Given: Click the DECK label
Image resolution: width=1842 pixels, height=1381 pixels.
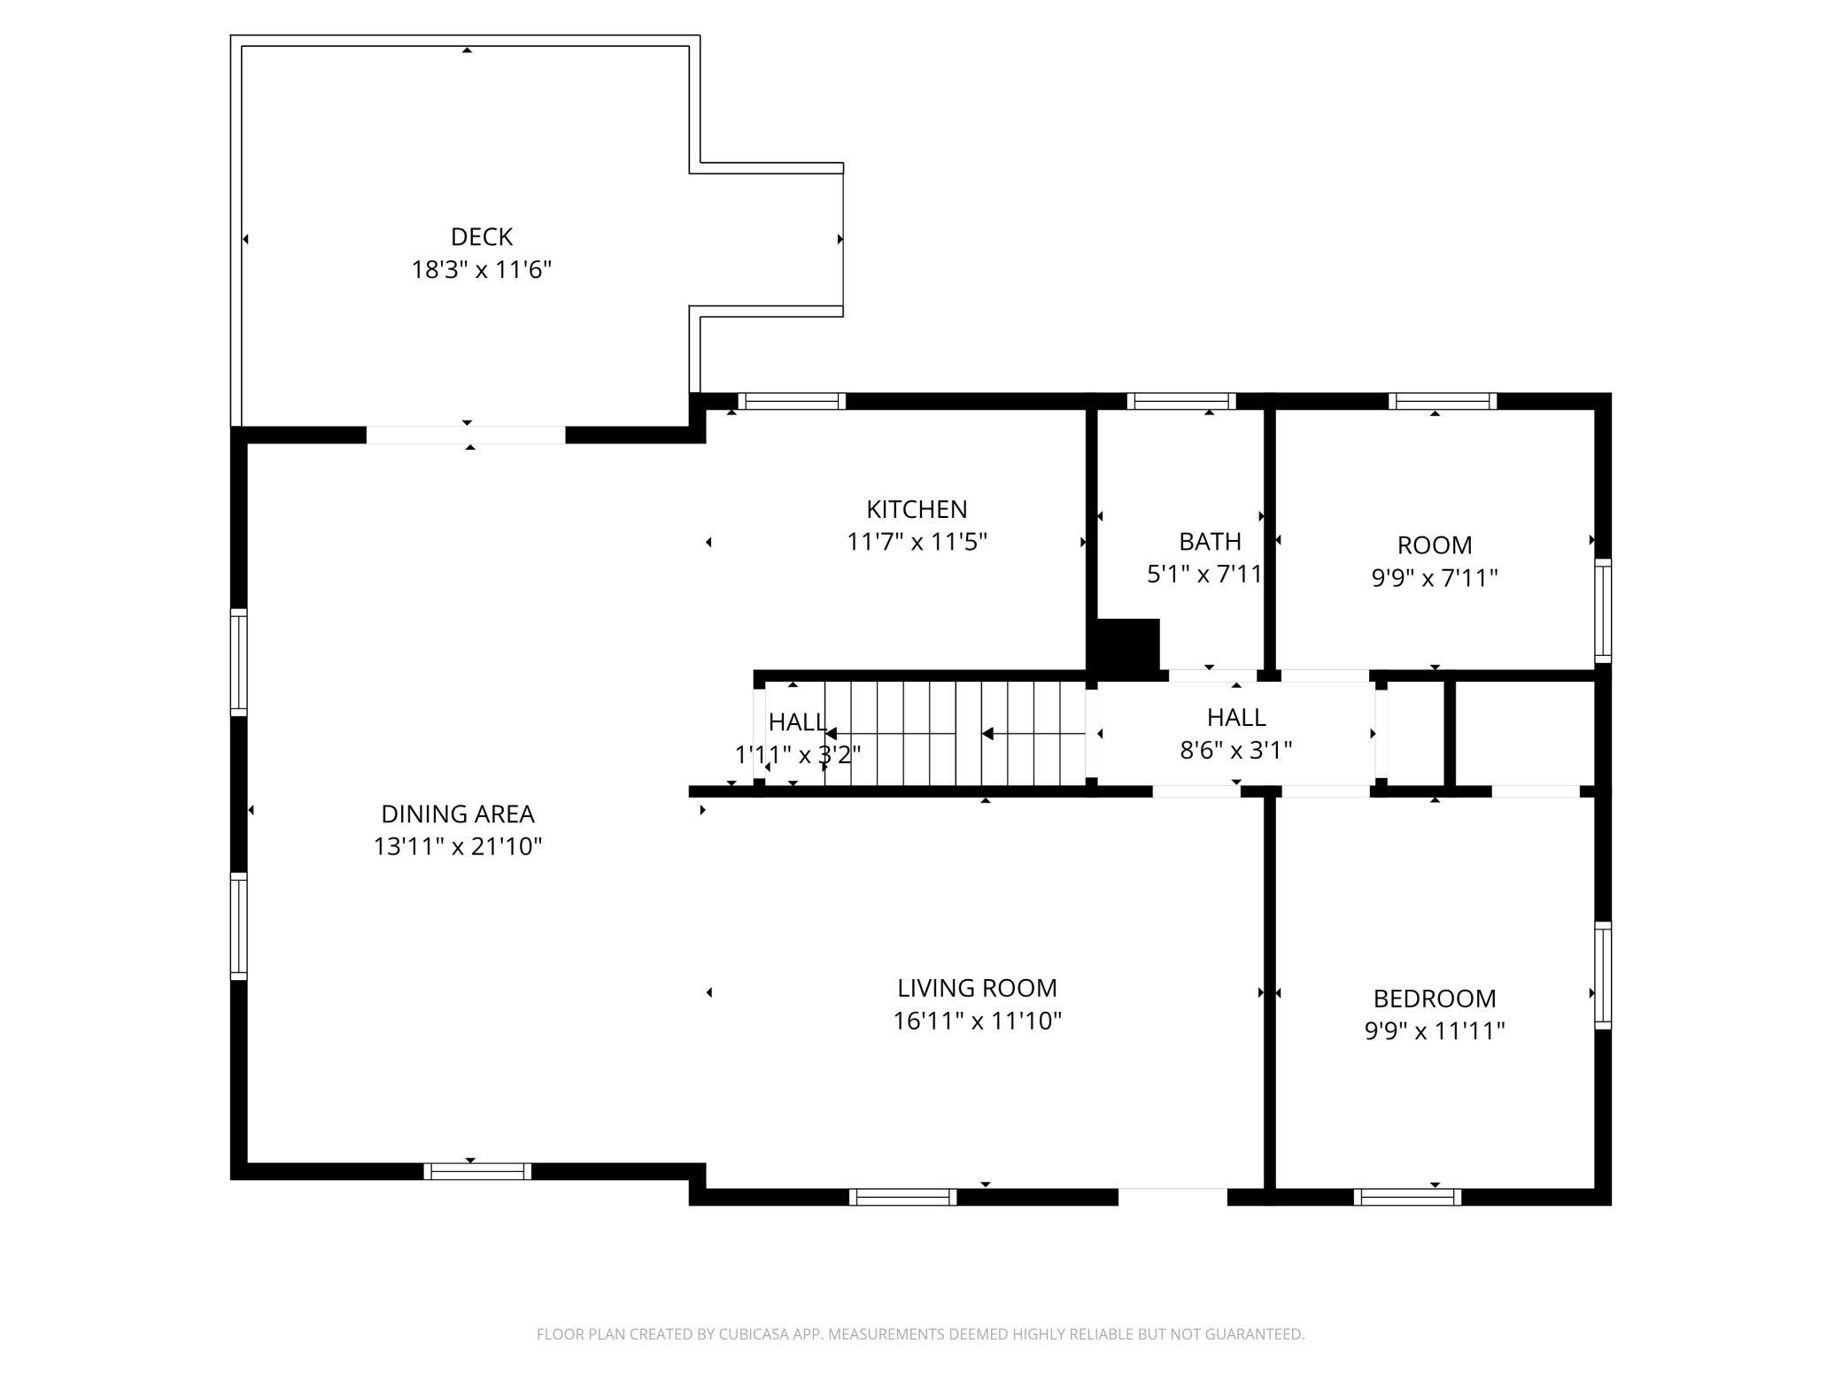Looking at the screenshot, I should (x=481, y=236).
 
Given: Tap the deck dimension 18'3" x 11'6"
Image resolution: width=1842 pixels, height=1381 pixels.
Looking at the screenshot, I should (x=481, y=269).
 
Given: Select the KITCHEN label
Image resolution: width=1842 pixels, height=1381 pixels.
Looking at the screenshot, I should (x=917, y=509).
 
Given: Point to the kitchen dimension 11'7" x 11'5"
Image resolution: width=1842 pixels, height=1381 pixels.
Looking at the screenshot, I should (x=917, y=542).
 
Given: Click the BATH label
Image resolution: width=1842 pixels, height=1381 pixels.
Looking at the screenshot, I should (x=1210, y=541).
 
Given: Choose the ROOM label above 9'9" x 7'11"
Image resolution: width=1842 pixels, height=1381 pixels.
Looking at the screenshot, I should (x=1435, y=544).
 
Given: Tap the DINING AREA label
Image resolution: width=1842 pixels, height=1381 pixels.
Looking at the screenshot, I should (x=457, y=814).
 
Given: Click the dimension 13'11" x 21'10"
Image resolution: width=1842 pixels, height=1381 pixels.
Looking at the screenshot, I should (x=457, y=846).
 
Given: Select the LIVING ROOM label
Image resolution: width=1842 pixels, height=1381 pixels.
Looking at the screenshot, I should (x=977, y=988).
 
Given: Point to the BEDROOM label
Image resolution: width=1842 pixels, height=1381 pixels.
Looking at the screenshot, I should (x=1435, y=999).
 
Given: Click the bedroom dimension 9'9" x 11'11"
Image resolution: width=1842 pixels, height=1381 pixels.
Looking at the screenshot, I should (x=1435, y=1031).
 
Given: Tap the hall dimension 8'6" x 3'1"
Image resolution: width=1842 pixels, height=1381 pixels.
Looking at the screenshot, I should (x=1236, y=751).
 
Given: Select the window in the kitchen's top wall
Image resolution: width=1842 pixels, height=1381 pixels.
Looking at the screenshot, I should (x=792, y=401).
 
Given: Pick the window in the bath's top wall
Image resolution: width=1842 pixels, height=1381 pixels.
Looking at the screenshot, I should (x=1181, y=401).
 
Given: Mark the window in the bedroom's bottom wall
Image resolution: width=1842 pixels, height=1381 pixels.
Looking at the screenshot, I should (x=1407, y=1197).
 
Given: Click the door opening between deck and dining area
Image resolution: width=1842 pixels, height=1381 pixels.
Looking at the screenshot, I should (x=466, y=435).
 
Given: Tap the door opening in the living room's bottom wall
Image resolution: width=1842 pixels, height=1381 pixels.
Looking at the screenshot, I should (x=1173, y=1197).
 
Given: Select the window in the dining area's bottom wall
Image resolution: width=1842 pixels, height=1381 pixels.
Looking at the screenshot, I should (x=477, y=1171).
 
